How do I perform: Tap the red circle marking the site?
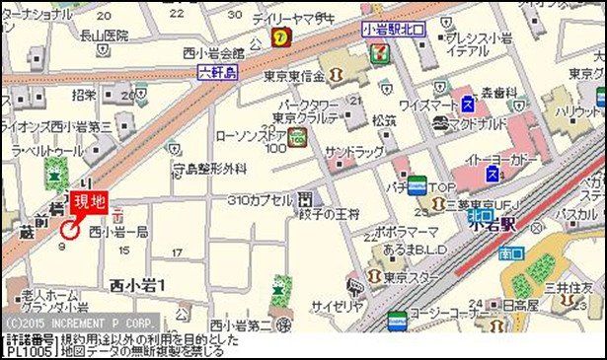70,231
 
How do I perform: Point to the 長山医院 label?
105,36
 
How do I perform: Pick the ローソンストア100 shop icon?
298,140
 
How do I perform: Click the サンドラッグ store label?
354,154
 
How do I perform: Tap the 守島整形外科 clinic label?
209,169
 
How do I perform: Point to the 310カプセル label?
260,199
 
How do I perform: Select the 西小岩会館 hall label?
212,53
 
